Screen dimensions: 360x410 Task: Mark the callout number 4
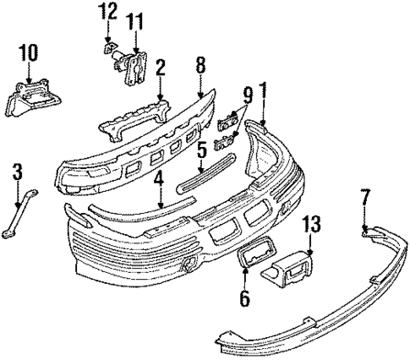pyautogui.click(x=161, y=177)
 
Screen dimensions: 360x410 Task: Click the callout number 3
pyautogui.click(x=17, y=173)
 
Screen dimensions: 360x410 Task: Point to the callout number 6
pyautogui.click(x=246, y=297)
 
